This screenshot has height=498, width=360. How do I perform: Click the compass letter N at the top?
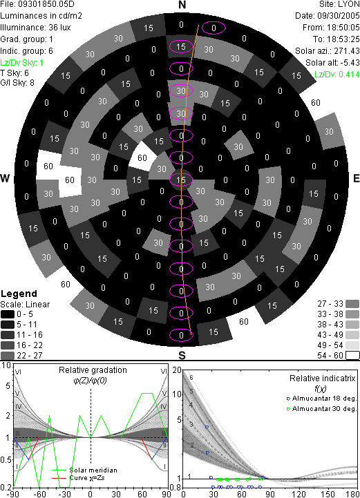pyautogui.click(x=182, y=5)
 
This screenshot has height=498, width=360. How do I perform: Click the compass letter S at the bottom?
pyautogui.click(x=182, y=356)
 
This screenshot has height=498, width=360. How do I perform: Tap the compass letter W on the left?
pyautogui.click(x=5, y=178)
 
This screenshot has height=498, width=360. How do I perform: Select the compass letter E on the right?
pyautogui.click(x=356, y=178)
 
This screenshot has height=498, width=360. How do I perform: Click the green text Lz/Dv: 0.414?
pyautogui.click(x=337, y=75)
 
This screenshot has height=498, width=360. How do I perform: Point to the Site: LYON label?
pyautogui.click(x=339, y=4)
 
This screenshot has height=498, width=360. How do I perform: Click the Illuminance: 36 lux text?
pyautogui.click(x=35, y=28)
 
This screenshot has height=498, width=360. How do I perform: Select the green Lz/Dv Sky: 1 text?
pyautogui.click(x=21, y=63)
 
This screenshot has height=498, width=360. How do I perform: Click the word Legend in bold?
pyautogui.click(x=19, y=294)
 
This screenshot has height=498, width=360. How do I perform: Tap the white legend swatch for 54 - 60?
pyautogui.click(x=352, y=356)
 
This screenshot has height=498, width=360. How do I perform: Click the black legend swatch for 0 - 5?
pyautogui.click(x=8, y=314)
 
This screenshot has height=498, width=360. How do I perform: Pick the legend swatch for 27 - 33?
pyautogui.click(x=352, y=304)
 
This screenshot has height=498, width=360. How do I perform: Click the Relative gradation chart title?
pyautogui.click(x=93, y=370)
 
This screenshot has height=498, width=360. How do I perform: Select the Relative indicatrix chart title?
pyautogui.click(x=323, y=379)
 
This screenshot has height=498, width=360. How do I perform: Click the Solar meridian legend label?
pyautogui.click(x=93, y=470)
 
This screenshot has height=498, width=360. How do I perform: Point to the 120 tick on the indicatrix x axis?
pyautogui.click(x=299, y=494)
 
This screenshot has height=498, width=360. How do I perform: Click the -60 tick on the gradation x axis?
pyautogui.click(x=39, y=494)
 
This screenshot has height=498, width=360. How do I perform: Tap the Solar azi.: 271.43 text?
pyautogui.click(x=328, y=51)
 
